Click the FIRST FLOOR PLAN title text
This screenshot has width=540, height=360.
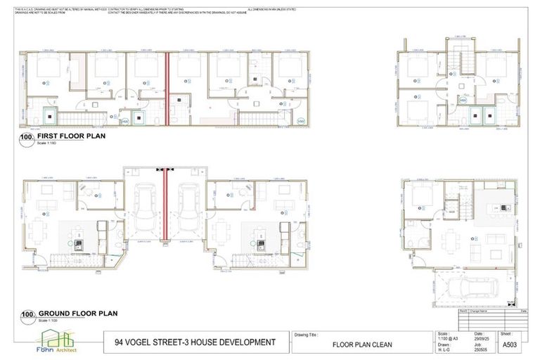(72, 136)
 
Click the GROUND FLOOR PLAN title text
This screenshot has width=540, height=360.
(77, 314)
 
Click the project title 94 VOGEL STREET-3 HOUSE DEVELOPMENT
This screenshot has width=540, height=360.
(195, 342)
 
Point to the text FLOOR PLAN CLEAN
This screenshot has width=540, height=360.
(361, 345)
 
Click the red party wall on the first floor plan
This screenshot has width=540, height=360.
(167, 88)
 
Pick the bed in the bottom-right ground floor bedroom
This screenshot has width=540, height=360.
(420, 196)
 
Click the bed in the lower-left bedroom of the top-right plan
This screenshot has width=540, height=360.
(419, 110)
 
